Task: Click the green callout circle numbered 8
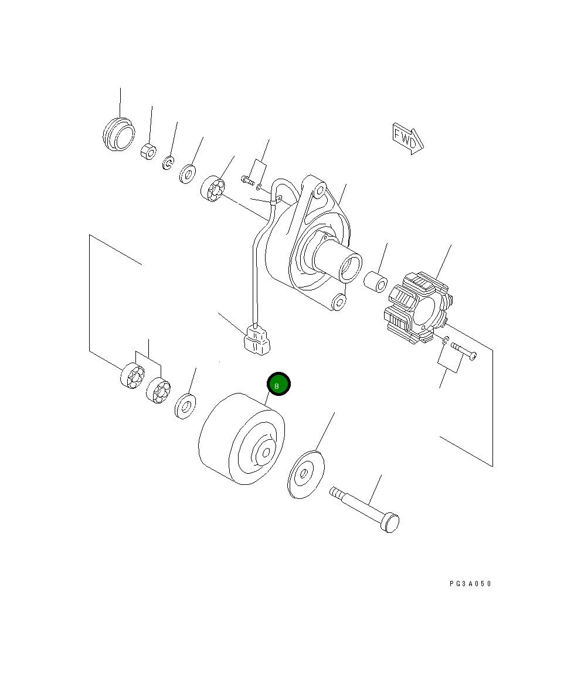278,384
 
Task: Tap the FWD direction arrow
407,138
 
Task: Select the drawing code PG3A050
470,583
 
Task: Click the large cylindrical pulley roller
242,439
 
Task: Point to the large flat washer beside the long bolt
305,474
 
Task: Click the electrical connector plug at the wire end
256,340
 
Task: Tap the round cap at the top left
118,134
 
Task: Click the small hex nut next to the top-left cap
148,151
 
